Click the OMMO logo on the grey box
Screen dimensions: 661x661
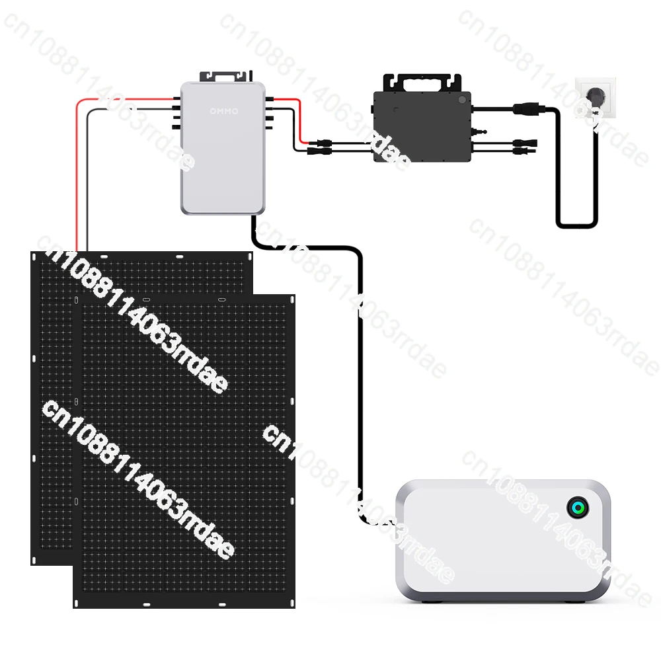pyautogui.click(x=223, y=110)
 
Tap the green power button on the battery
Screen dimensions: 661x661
pyautogui.click(x=577, y=508)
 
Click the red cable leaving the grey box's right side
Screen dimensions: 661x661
pyautogui.click(x=297, y=119)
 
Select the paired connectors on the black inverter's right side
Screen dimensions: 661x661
pyautogui.click(x=522, y=147)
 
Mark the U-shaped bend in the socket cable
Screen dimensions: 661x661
pyautogui.click(x=576, y=225)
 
